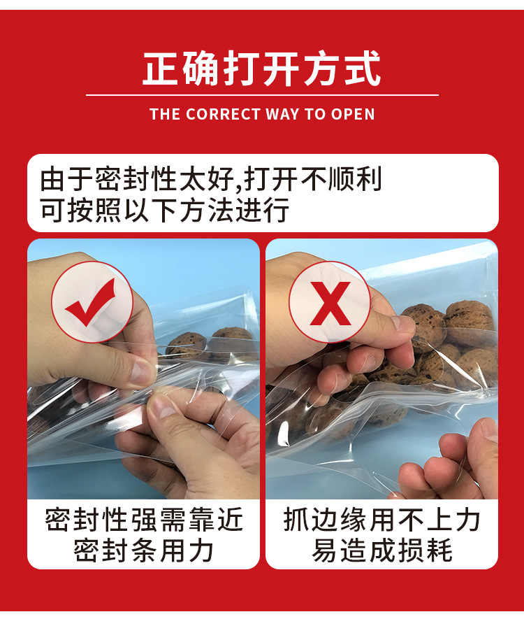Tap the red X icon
click(330, 302)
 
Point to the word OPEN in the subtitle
click(353, 114)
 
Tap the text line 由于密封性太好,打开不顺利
click(211, 179)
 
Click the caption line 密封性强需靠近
click(144, 520)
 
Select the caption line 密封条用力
click(144, 551)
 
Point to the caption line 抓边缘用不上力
click(382, 520)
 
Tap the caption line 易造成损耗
click(382, 551)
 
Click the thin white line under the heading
click(262, 94)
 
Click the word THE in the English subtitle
click(165, 114)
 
